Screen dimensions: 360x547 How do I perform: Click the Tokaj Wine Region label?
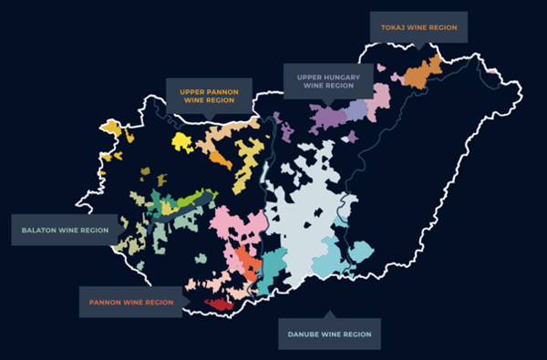(418, 26)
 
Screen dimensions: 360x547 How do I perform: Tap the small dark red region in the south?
(219, 303)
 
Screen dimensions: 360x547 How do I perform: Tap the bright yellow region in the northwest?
(181, 142)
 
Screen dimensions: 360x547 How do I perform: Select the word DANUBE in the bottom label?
(307, 334)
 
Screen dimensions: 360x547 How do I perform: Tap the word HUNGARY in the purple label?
(343, 78)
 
